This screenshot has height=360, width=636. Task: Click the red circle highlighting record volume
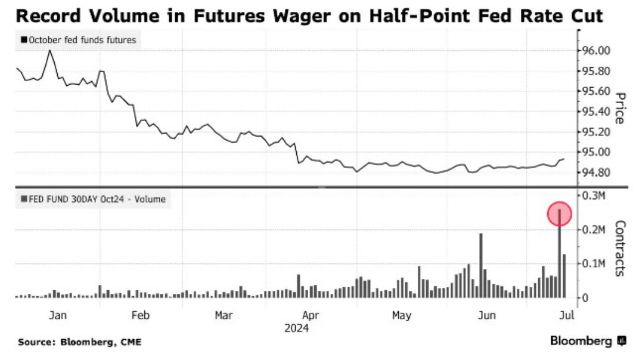point(559,213)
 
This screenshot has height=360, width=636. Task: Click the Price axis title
point(619,108)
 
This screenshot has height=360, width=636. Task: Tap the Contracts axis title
point(619,249)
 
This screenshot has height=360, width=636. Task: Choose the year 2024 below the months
point(296,327)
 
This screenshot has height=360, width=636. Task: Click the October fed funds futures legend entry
point(79,41)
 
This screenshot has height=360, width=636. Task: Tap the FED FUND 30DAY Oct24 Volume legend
point(93,199)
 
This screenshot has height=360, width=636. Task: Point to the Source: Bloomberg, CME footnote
point(80,342)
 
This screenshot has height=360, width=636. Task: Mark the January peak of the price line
point(49,51)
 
